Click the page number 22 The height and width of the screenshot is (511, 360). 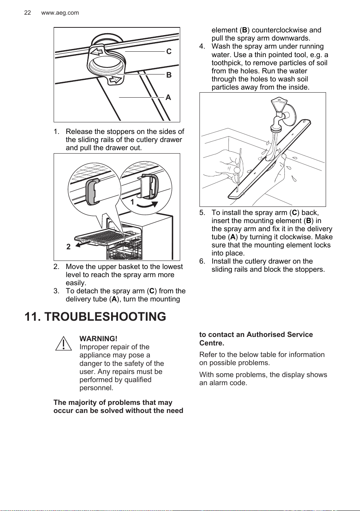point(27,13)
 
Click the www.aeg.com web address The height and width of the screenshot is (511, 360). point(60,13)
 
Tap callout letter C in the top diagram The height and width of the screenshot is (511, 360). point(169,52)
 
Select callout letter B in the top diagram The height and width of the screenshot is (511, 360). point(169,75)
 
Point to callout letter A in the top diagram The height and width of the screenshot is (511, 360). point(168,97)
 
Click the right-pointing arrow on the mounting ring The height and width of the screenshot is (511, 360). point(116,80)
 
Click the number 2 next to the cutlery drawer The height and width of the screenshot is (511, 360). point(68,247)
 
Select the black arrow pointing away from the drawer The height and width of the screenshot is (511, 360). point(83,244)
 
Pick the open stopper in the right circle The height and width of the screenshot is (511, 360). point(149,186)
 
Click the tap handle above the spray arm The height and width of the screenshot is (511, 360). point(279,104)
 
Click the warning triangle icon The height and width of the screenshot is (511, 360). point(63,343)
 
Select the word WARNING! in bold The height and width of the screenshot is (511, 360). point(98,338)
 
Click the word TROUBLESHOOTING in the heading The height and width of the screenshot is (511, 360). point(105,316)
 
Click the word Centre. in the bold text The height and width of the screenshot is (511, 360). point(212,343)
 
